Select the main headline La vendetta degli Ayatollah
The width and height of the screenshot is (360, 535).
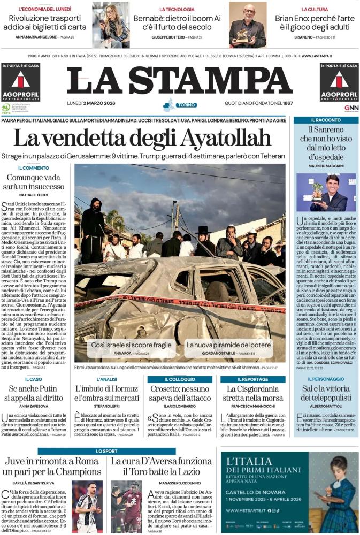pyautogui.click(x=142, y=138)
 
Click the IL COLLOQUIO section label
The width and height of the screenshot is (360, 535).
pyautogui.click(x=180, y=379)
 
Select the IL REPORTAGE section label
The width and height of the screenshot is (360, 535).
pyautogui.click(x=253, y=379)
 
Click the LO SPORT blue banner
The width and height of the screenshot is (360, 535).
pyautogui.click(x=107, y=451)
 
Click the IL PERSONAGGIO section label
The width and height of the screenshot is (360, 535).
pyautogui.click(x=326, y=379)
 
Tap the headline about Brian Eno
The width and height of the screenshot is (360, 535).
pyautogui.click(x=314, y=22)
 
